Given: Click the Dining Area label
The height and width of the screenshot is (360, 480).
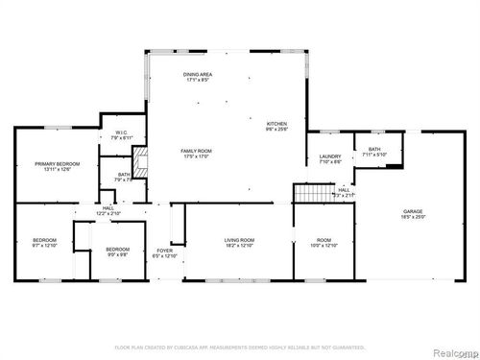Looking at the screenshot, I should (x=199, y=75).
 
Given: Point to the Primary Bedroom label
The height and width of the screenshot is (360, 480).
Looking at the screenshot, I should (x=53, y=164).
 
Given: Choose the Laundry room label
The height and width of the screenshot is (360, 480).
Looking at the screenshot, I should (x=331, y=157).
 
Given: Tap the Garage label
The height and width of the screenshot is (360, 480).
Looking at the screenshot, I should (x=414, y=211).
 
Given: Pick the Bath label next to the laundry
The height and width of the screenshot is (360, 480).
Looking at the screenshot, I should (x=375, y=149).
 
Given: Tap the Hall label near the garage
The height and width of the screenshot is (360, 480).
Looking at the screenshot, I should (x=344, y=190).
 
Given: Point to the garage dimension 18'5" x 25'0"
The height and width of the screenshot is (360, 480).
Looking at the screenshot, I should (x=414, y=218).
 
